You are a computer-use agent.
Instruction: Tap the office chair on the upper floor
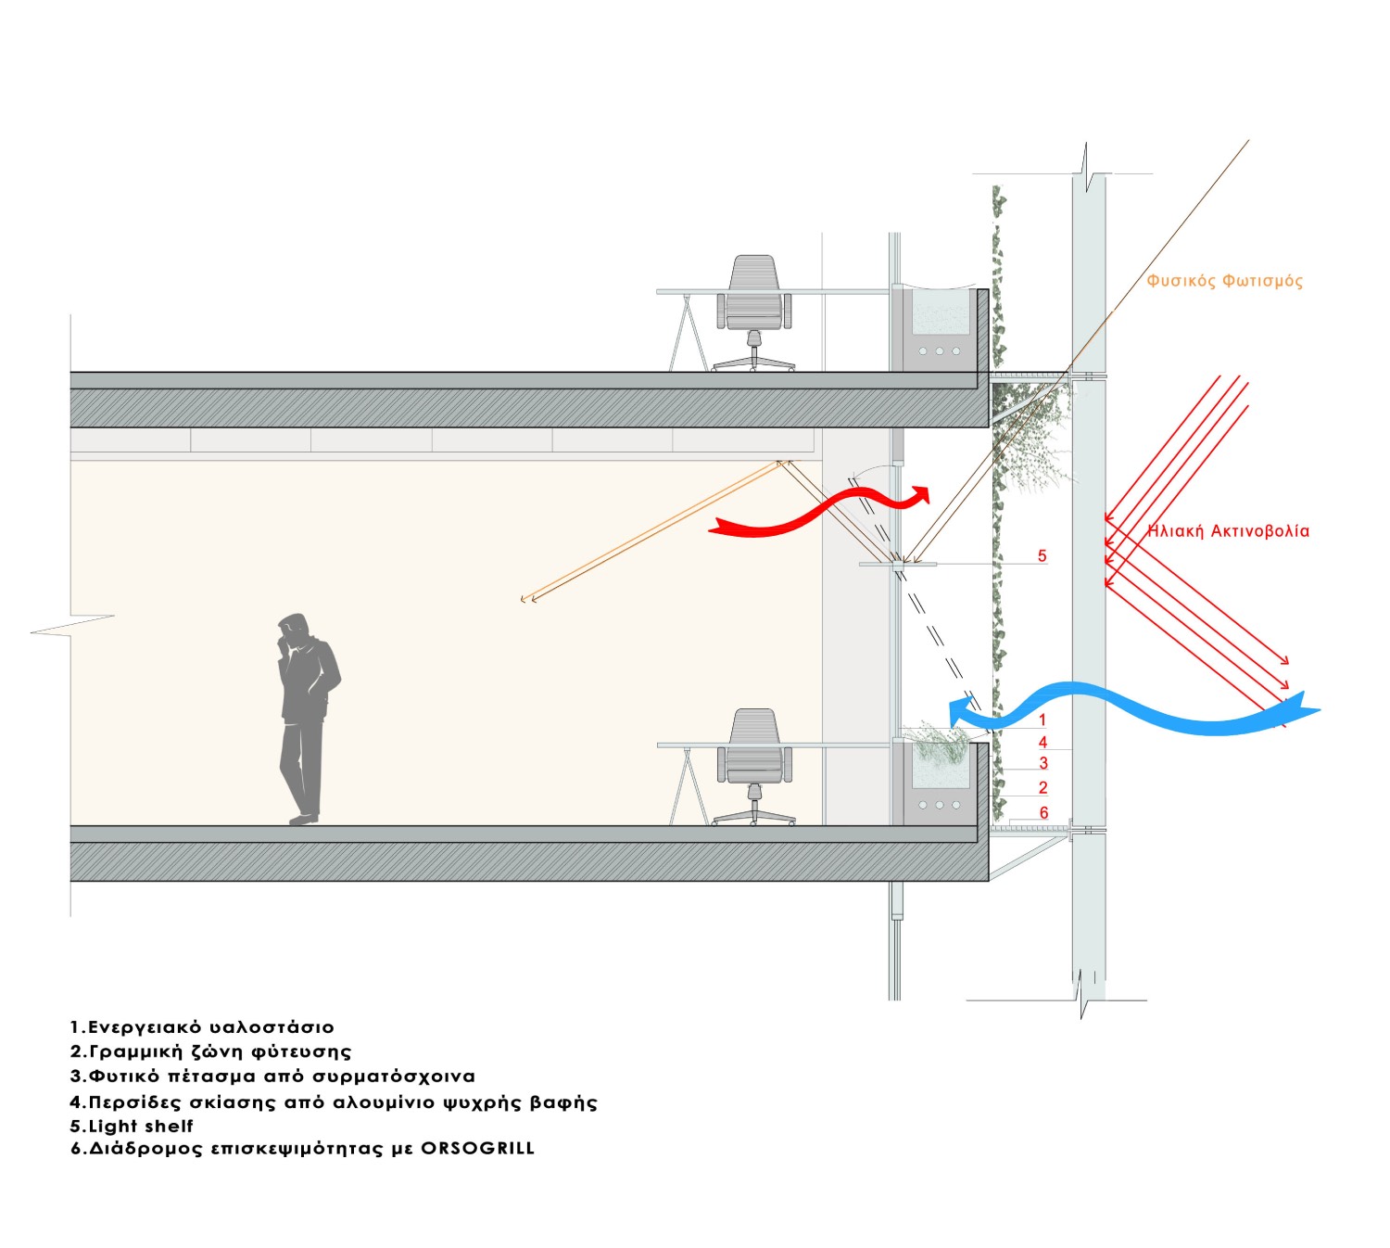(x=753, y=306)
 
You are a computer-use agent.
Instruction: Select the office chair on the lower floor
(x=754, y=760)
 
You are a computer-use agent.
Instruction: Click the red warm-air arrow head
(x=920, y=495)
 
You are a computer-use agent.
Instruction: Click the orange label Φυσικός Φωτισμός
(x=1224, y=281)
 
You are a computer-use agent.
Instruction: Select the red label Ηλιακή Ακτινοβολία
(x=1228, y=531)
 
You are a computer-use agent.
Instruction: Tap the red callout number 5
(x=1042, y=556)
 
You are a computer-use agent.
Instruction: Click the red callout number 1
(x=1042, y=720)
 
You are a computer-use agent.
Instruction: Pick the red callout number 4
(x=1042, y=743)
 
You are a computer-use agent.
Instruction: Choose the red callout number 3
(x=1043, y=764)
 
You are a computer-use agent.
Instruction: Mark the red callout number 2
(x=1043, y=788)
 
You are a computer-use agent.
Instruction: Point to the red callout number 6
(x=1043, y=813)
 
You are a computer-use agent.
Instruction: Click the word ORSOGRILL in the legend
(x=477, y=1149)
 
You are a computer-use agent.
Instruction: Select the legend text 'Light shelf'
(x=141, y=1127)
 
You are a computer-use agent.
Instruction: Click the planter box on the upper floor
(x=940, y=329)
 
